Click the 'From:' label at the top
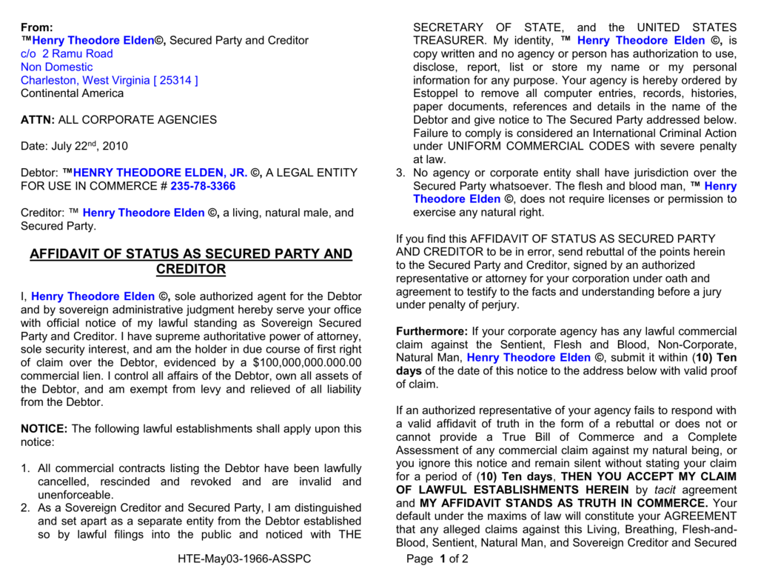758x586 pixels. (37, 27)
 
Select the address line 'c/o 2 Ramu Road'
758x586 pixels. (67, 53)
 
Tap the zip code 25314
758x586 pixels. (175, 80)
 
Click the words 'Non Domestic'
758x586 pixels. (57, 67)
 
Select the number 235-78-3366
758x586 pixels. (203, 186)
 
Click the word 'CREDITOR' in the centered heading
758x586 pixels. (190, 270)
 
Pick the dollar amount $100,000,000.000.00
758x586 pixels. (306, 362)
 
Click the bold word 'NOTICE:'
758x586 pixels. (44, 429)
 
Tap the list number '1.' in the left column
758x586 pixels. (25, 468)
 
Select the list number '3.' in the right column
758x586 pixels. (400, 173)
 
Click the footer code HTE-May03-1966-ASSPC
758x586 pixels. (244, 559)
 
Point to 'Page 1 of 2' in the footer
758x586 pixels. (437, 559)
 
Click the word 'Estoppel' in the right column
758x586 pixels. (436, 93)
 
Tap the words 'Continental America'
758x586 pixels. (73, 93)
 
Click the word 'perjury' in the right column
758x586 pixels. (499, 304)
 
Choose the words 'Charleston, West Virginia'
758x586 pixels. (85, 80)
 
